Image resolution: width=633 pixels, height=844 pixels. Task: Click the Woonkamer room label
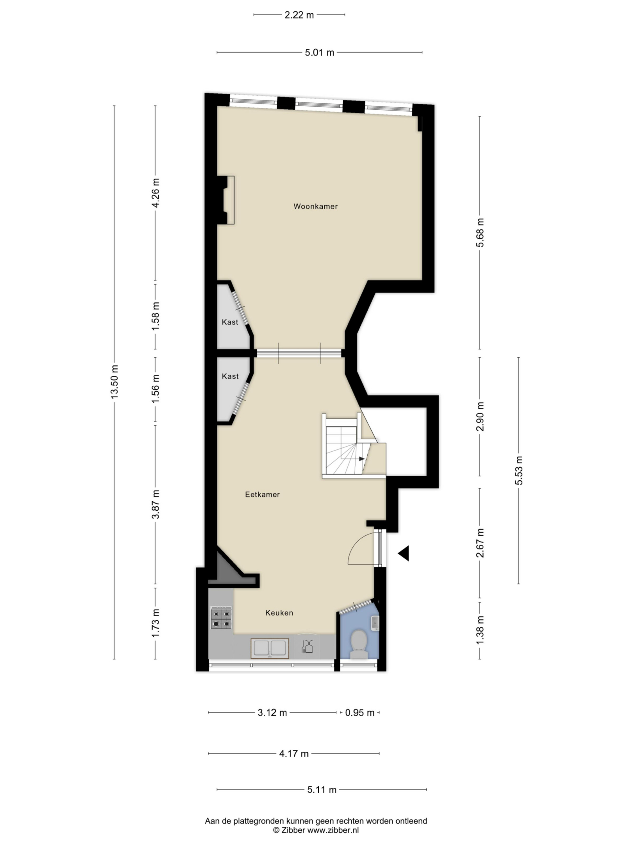[315, 206]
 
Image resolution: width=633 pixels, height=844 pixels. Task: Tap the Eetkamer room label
[262, 495]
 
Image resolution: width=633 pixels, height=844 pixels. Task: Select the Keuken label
[279, 613]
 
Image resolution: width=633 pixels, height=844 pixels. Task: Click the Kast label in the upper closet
[230, 322]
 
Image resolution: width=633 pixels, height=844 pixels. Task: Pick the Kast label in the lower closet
[230, 376]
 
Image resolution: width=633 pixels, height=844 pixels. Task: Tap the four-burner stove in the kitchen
[222, 618]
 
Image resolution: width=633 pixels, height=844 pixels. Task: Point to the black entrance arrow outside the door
[404, 553]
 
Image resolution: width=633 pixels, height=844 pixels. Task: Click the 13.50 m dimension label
[114, 382]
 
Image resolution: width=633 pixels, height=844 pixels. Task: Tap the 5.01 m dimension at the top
[320, 52]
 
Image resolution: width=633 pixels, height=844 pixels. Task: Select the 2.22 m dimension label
[299, 15]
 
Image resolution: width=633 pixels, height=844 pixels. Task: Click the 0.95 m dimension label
[360, 713]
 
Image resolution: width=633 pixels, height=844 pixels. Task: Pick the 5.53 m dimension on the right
[519, 470]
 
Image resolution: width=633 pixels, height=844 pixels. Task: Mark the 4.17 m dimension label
[294, 754]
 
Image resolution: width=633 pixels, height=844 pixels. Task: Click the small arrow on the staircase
[362, 459]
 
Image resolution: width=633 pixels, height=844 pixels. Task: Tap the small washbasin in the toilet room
[375, 623]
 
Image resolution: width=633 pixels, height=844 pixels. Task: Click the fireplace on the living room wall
[226, 200]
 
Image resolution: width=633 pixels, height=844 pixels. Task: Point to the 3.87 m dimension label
[156, 504]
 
